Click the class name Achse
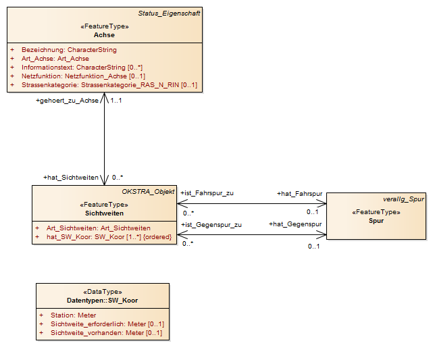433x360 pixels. (104, 35)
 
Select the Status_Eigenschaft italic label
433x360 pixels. (169, 14)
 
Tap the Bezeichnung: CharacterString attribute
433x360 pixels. (69, 50)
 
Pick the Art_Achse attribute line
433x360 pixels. (55, 59)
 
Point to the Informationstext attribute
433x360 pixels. (82, 68)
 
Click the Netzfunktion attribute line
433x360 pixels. (83, 76)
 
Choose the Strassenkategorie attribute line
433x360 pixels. (109, 85)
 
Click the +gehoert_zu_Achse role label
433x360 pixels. (67, 101)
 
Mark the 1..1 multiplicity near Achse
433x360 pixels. (116, 101)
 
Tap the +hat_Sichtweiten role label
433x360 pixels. (71, 178)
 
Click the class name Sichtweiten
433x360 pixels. (104, 213)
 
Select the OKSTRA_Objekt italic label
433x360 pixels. (148, 192)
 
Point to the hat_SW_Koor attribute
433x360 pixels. (109, 237)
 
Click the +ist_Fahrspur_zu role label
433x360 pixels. (207, 193)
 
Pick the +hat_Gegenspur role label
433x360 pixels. (295, 224)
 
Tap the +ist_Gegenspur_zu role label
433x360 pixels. (211, 225)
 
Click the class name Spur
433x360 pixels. (376, 221)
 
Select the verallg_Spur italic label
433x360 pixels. (403, 199)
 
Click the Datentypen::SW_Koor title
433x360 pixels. (102, 301)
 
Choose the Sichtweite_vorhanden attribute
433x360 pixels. (106, 333)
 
